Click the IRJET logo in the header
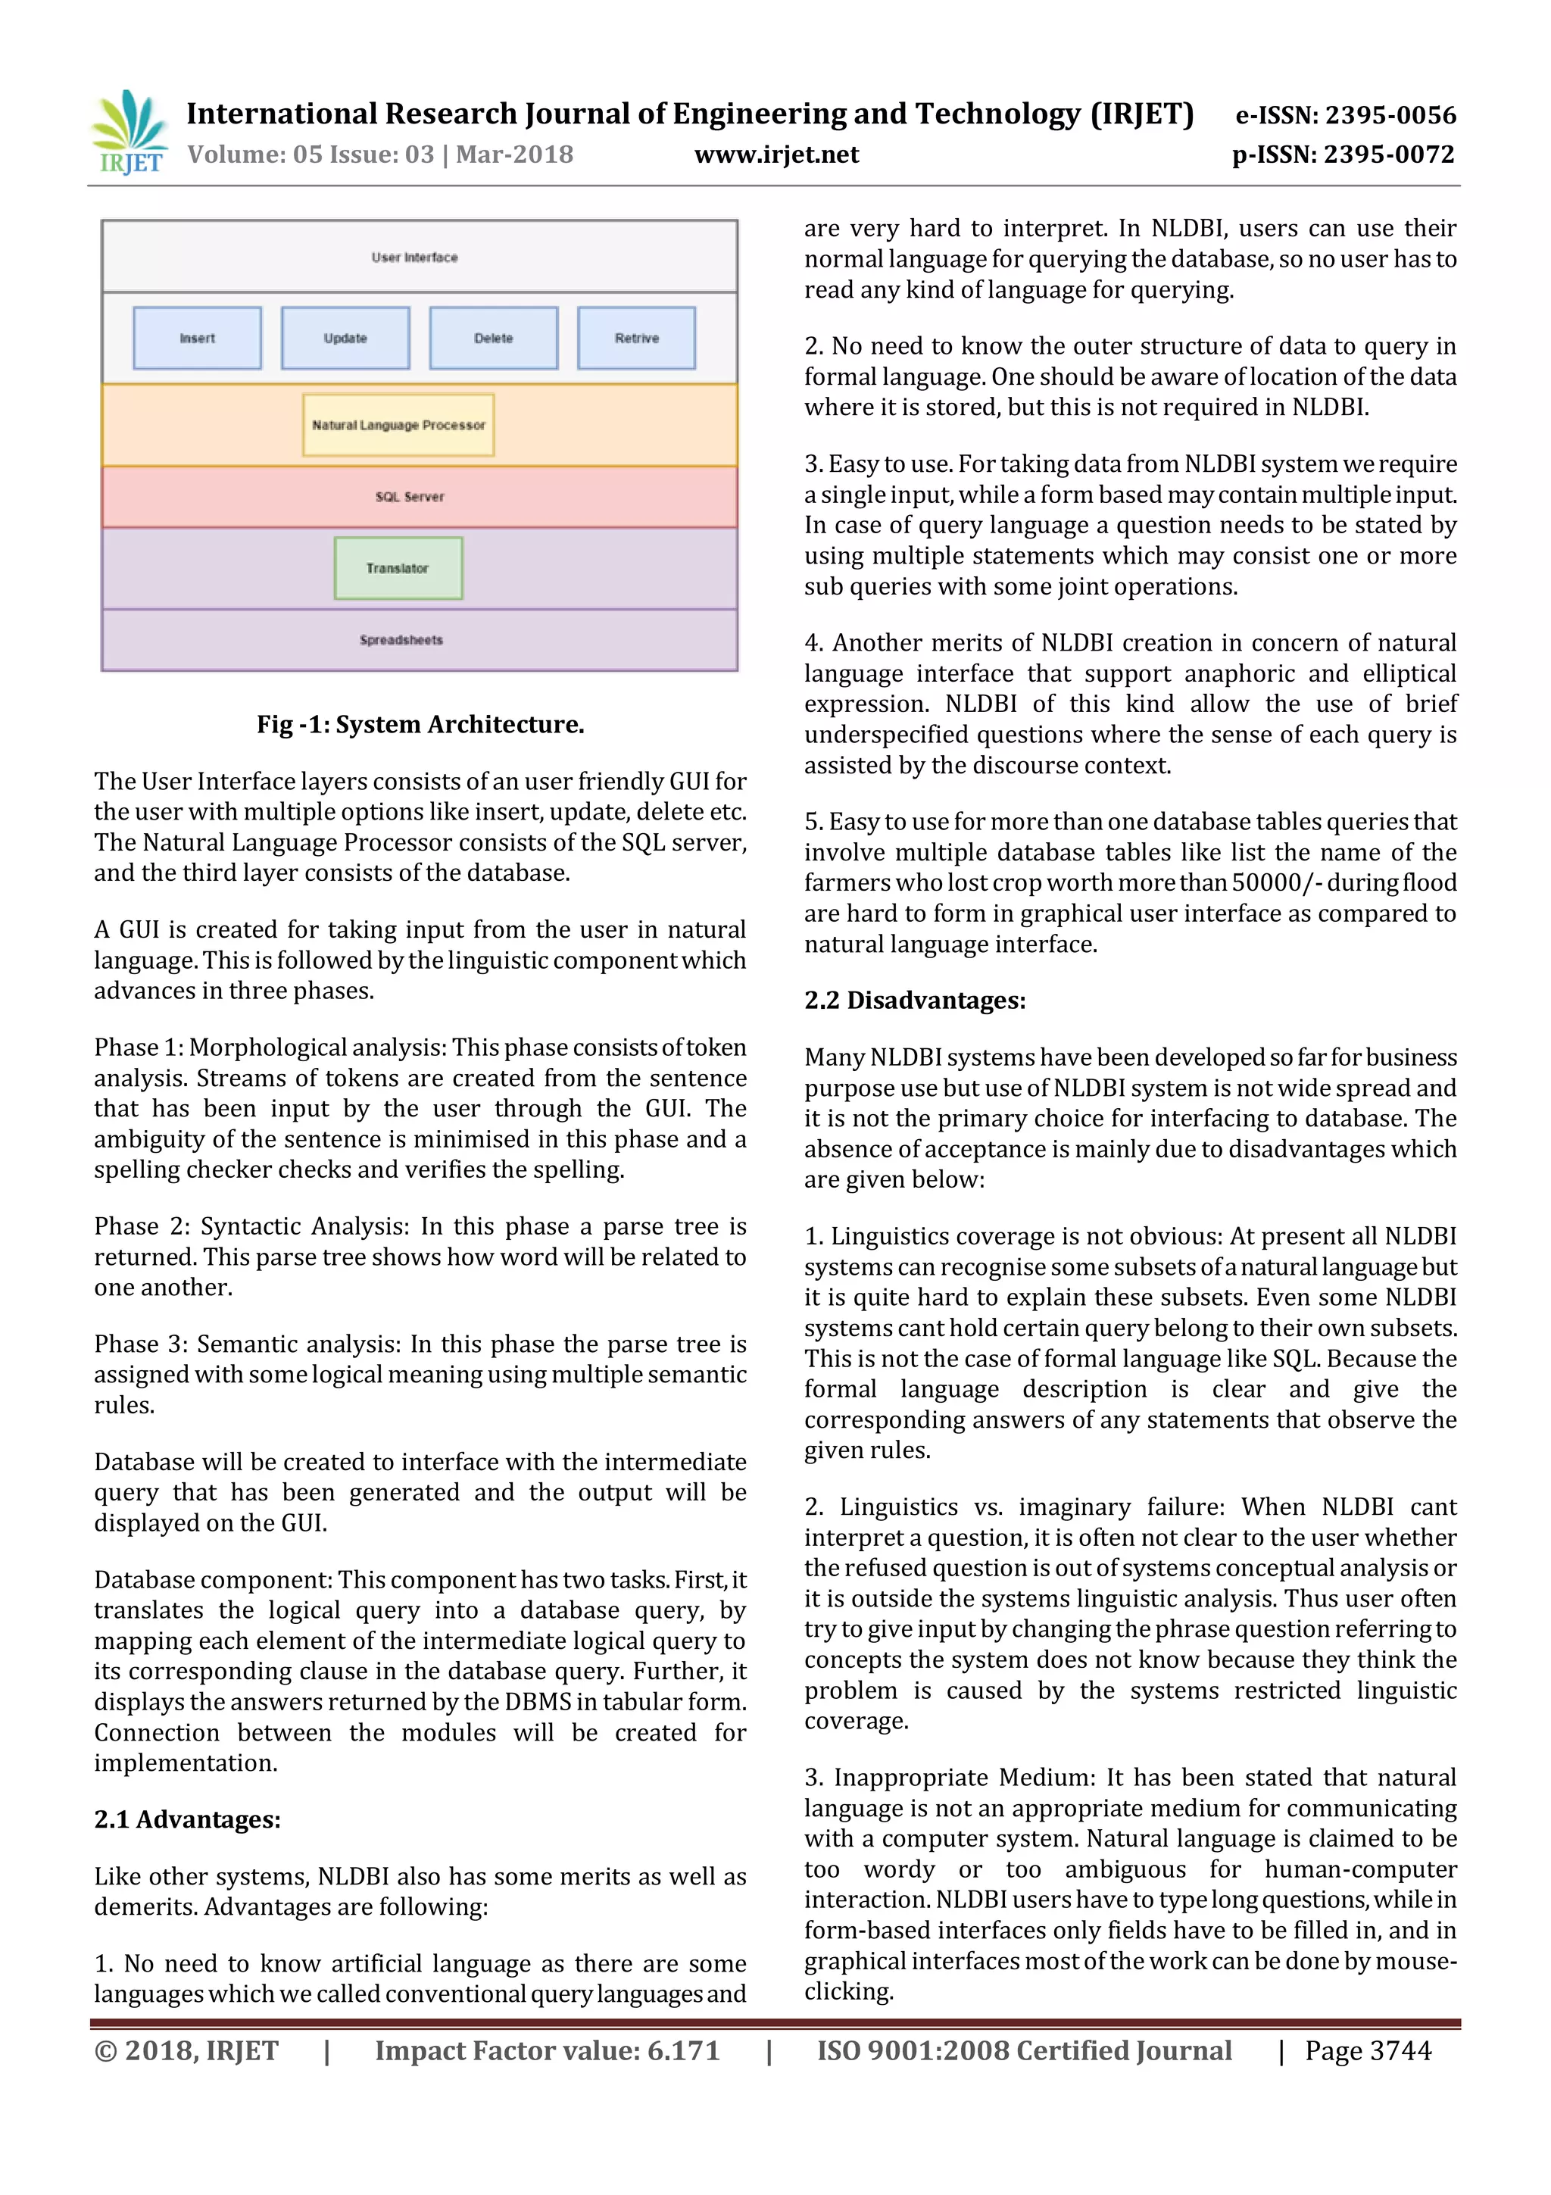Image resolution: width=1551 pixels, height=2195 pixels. pyautogui.click(x=129, y=132)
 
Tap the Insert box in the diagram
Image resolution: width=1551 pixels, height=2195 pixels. pyautogui.click(x=197, y=339)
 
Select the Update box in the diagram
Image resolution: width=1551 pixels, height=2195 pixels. pyautogui.click(x=345, y=339)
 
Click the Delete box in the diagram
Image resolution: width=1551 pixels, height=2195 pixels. pyautogui.click(x=493, y=339)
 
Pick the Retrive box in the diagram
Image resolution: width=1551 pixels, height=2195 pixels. pyautogui.click(x=636, y=339)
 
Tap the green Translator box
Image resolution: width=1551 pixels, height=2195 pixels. pyautogui.click(x=398, y=569)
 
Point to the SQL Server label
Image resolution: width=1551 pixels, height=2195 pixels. pyautogui.click(x=410, y=497)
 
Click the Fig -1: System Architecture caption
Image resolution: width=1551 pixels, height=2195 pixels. pyautogui.click(x=420, y=725)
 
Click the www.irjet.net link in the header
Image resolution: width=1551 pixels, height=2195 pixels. pyautogui.click(x=776, y=155)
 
